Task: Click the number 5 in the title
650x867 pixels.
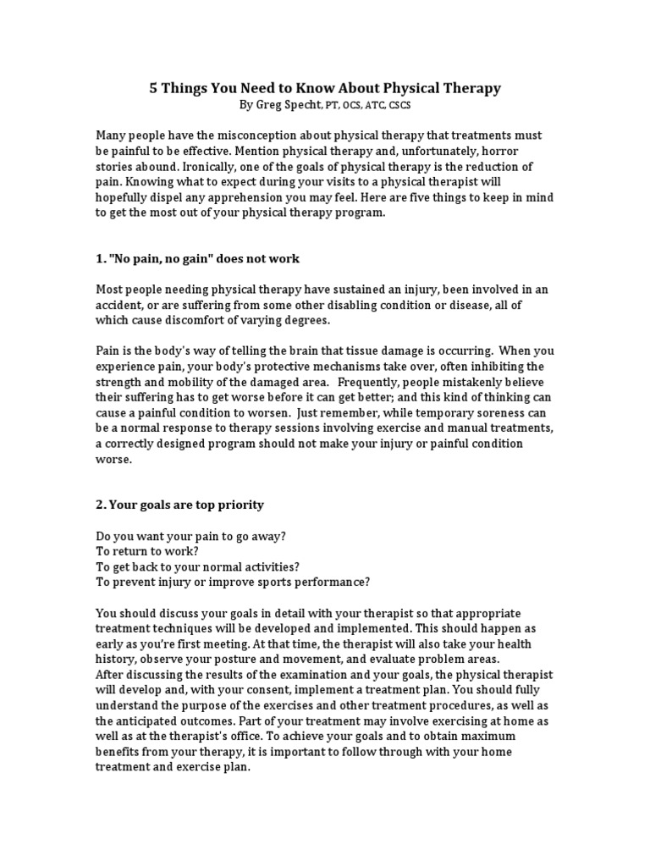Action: pyautogui.click(x=154, y=88)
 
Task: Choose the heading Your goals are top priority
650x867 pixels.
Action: pyautogui.click(x=179, y=505)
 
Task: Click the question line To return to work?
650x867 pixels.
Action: pyautogui.click(x=147, y=550)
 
